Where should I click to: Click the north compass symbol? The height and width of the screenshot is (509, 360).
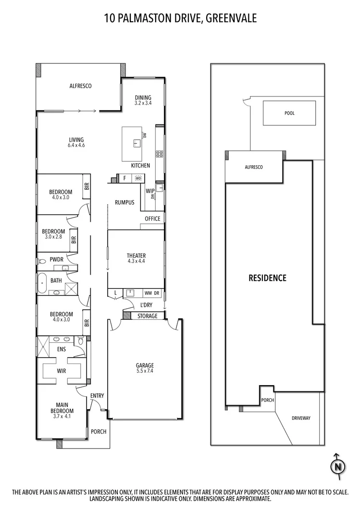coord(338,466)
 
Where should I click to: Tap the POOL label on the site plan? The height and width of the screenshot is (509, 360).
coord(289,113)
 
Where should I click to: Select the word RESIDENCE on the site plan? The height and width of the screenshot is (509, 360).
coord(267,278)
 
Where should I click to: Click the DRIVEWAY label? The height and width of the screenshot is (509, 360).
coord(301,418)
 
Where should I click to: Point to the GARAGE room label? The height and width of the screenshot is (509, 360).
coord(145,365)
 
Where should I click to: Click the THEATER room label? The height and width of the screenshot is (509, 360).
coord(136,255)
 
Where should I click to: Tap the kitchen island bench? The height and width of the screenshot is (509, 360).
coord(134,144)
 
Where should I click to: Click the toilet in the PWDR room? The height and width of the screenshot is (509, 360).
coord(42,261)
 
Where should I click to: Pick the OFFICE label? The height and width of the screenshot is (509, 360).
coord(152,219)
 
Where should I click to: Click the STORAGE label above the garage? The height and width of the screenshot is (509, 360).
coord(147,316)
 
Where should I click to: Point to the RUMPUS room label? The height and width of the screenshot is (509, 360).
coord(124,202)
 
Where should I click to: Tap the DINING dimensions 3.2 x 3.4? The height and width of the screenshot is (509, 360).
coord(143,103)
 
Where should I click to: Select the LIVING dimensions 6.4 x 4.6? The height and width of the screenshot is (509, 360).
coord(76,145)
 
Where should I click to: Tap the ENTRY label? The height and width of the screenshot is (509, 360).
coord(97,396)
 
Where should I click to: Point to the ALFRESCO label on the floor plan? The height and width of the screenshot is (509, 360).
coord(80,86)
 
